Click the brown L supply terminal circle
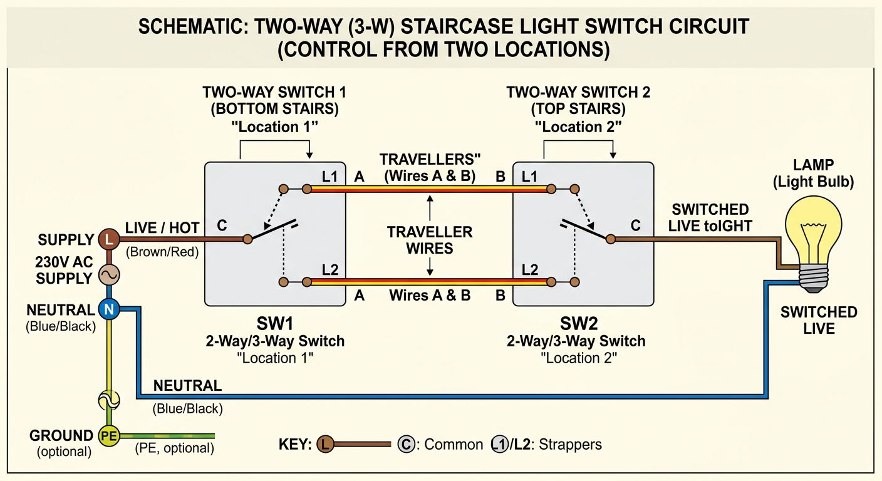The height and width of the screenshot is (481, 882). click(x=109, y=239)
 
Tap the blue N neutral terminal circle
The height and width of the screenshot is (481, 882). click(x=109, y=309)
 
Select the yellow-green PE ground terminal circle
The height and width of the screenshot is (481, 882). click(x=109, y=436)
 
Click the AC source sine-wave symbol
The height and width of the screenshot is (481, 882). click(x=109, y=275)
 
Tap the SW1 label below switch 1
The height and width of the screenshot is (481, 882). click(x=275, y=324)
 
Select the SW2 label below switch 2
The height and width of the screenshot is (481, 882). click(x=579, y=324)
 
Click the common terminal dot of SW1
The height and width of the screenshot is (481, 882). click(x=247, y=239)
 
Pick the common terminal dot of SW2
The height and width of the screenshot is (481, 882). click(x=611, y=239)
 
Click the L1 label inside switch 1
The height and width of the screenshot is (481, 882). click(x=329, y=177)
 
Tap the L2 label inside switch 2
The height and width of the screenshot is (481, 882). click(x=529, y=270)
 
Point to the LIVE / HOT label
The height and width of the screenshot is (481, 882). click(x=162, y=228)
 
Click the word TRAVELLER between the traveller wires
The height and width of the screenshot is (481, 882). click(x=430, y=232)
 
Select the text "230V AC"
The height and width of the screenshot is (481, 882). click(x=64, y=262)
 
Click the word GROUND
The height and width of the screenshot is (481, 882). click(x=61, y=436)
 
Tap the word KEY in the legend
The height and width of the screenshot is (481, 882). click(x=294, y=445)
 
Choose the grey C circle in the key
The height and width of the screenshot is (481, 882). click(x=406, y=445)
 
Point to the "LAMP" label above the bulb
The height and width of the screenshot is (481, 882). click(x=813, y=165)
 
